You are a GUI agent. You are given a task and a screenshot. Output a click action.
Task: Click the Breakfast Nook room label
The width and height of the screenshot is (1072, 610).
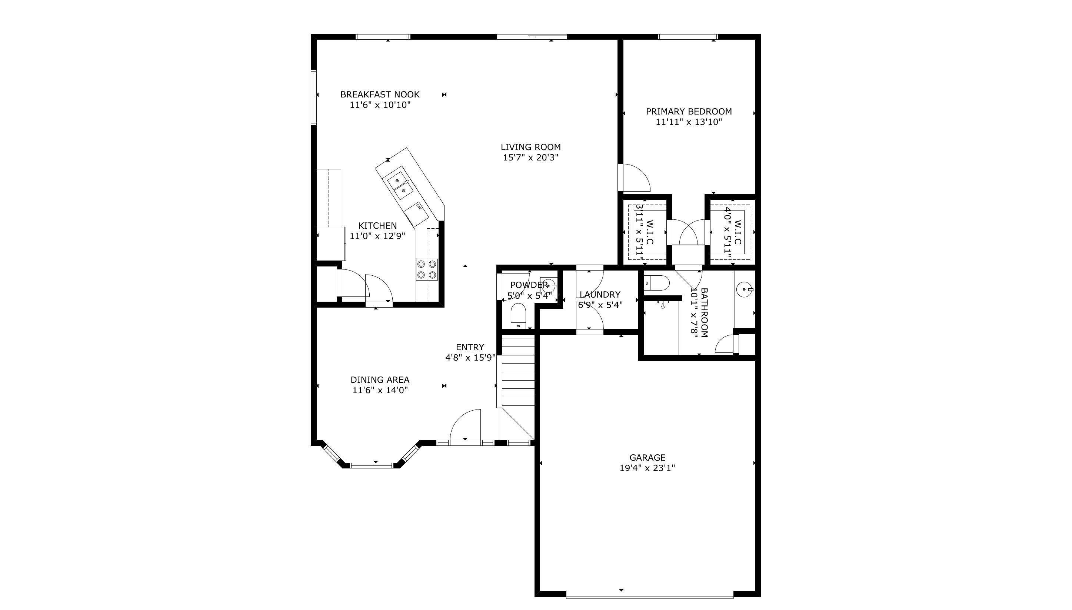(x=380, y=95)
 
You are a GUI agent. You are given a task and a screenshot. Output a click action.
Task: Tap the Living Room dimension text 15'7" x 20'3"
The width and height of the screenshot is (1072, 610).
(x=530, y=158)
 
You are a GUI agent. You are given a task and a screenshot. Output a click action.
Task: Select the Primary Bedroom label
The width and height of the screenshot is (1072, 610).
(x=689, y=112)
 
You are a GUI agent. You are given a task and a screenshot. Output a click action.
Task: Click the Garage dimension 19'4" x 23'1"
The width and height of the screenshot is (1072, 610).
(x=647, y=468)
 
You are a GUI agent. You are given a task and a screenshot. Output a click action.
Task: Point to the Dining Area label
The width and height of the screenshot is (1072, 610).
(x=380, y=380)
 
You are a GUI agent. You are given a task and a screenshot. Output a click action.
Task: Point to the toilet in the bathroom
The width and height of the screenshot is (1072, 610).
(x=657, y=283)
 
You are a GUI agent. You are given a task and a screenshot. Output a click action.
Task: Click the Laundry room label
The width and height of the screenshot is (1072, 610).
(x=600, y=295)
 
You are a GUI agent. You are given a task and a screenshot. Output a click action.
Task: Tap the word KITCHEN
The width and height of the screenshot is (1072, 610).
(x=377, y=226)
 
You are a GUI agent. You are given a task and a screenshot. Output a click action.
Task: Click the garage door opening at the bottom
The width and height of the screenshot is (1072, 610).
(x=649, y=594)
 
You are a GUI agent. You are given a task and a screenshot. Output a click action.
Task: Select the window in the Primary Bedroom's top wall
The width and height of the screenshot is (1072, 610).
(x=688, y=37)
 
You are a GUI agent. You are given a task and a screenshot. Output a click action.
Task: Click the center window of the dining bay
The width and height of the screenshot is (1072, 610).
(x=372, y=465)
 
